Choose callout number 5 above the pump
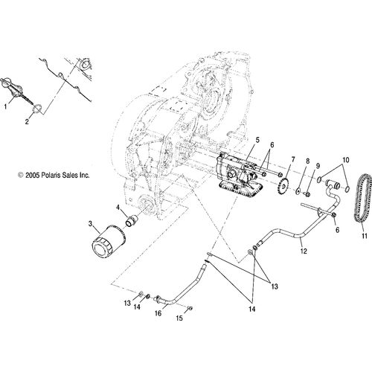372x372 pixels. click(237, 140)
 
